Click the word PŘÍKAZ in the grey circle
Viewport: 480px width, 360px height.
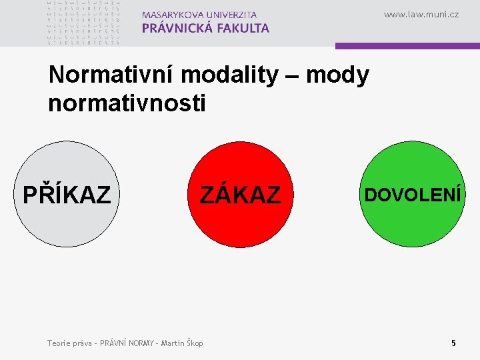pyautogui.click(x=67, y=195)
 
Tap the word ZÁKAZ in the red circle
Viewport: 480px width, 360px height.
pyautogui.click(x=241, y=195)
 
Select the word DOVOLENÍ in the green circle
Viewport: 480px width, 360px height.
pyautogui.click(x=411, y=195)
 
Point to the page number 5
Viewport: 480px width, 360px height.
pyautogui.click(x=453, y=343)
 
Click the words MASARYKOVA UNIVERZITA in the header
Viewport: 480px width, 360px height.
pyautogui.click(x=199, y=14)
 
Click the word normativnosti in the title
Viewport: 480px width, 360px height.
pyautogui.click(x=127, y=103)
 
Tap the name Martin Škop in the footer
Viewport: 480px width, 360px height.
pyautogui.click(x=180, y=343)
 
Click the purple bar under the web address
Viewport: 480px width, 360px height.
pyautogui.click(x=407, y=46)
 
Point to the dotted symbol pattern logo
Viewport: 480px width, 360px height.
pyautogui.click(x=84, y=22)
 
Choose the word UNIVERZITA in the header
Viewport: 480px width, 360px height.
pyautogui.click(x=229, y=14)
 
